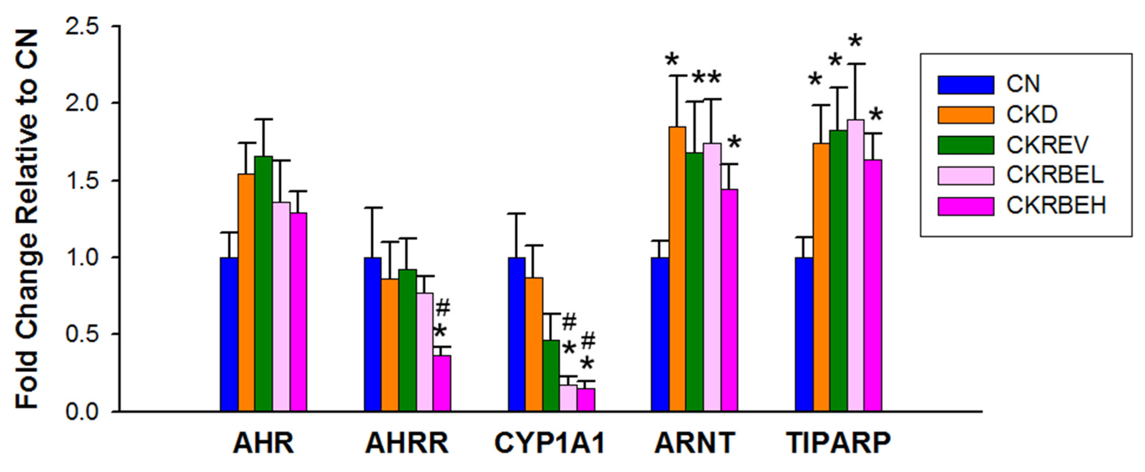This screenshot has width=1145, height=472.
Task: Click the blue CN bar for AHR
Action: [x=229, y=334]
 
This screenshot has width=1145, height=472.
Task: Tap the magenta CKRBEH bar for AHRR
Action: [x=442, y=383]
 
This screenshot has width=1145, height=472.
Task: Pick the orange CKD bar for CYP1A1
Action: [x=534, y=344]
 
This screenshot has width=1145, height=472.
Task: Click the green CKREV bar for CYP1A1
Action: [x=551, y=375]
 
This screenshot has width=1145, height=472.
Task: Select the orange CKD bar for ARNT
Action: [x=678, y=269]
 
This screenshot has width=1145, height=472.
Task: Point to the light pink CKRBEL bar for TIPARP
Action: [x=856, y=265]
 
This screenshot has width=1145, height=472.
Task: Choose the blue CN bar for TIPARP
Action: [x=804, y=334]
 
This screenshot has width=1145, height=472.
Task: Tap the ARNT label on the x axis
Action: [x=694, y=443]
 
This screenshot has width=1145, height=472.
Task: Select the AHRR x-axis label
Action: [x=407, y=443]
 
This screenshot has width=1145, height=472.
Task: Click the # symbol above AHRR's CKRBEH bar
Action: [x=443, y=307]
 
